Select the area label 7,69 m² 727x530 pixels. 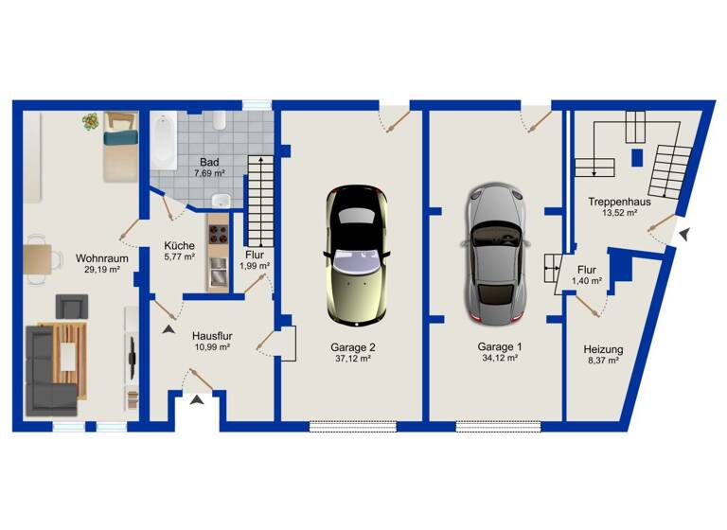(209, 174)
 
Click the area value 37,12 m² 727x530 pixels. (352, 359)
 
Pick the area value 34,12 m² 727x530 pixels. (499, 358)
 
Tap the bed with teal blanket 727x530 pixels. (118, 150)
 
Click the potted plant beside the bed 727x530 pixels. (91, 121)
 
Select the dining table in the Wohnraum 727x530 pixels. (38, 257)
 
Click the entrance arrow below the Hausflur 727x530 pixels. (197, 403)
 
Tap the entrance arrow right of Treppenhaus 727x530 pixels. (683, 233)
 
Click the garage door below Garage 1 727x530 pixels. (498, 427)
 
